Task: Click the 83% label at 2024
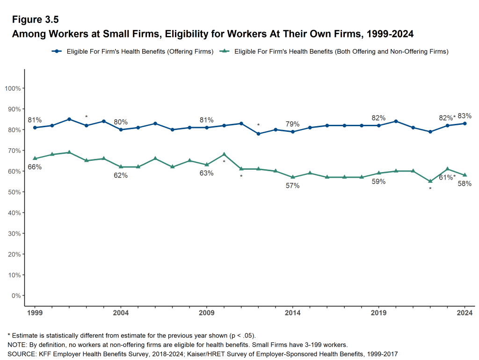pyautogui.click(x=464, y=116)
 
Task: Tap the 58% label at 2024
pyautogui.click(x=464, y=184)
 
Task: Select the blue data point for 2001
pyautogui.click(x=69, y=119)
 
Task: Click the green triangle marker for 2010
pyautogui.click(x=224, y=154)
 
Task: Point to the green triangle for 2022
pyautogui.click(x=430, y=181)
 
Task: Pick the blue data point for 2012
pyautogui.click(x=258, y=134)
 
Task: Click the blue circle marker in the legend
pyautogui.click(x=57, y=51)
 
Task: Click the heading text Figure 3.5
pyautogui.click(x=35, y=20)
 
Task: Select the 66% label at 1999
pyautogui.click(x=35, y=167)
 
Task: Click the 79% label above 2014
pyautogui.click(x=293, y=124)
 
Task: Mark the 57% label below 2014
pyautogui.click(x=293, y=186)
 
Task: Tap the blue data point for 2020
pyautogui.click(x=396, y=121)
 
